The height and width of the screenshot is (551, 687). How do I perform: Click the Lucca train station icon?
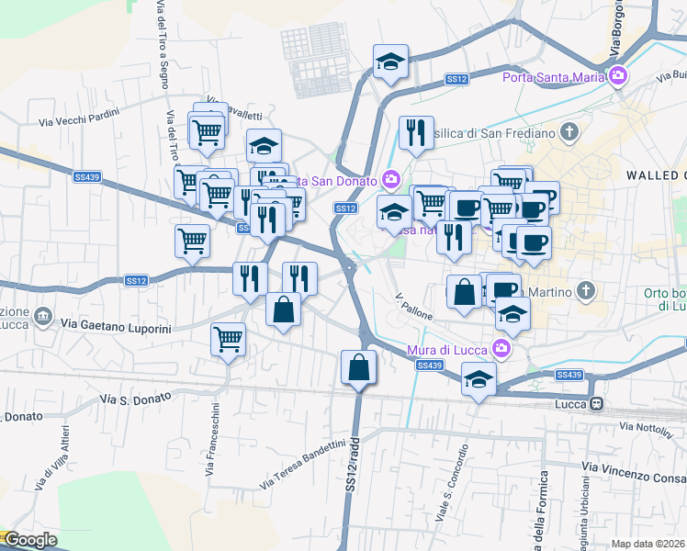(x=597, y=403)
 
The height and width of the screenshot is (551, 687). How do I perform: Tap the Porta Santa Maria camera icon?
(x=620, y=76)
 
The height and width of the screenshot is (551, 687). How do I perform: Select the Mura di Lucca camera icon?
(x=501, y=347)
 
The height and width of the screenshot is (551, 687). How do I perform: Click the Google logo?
(x=29, y=540)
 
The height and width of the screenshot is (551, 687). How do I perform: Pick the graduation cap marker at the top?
(x=390, y=62)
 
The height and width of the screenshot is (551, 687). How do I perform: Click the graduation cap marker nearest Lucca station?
(x=479, y=378)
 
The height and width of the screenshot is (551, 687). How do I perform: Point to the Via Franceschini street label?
(x=211, y=439)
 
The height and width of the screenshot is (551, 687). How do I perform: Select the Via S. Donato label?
(x=136, y=400)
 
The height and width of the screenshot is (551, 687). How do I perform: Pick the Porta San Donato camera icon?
(x=392, y=178)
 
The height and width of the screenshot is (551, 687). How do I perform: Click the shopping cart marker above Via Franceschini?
(x=228, y=338)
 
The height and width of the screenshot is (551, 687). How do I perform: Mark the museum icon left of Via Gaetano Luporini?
(x=43, y=317)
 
